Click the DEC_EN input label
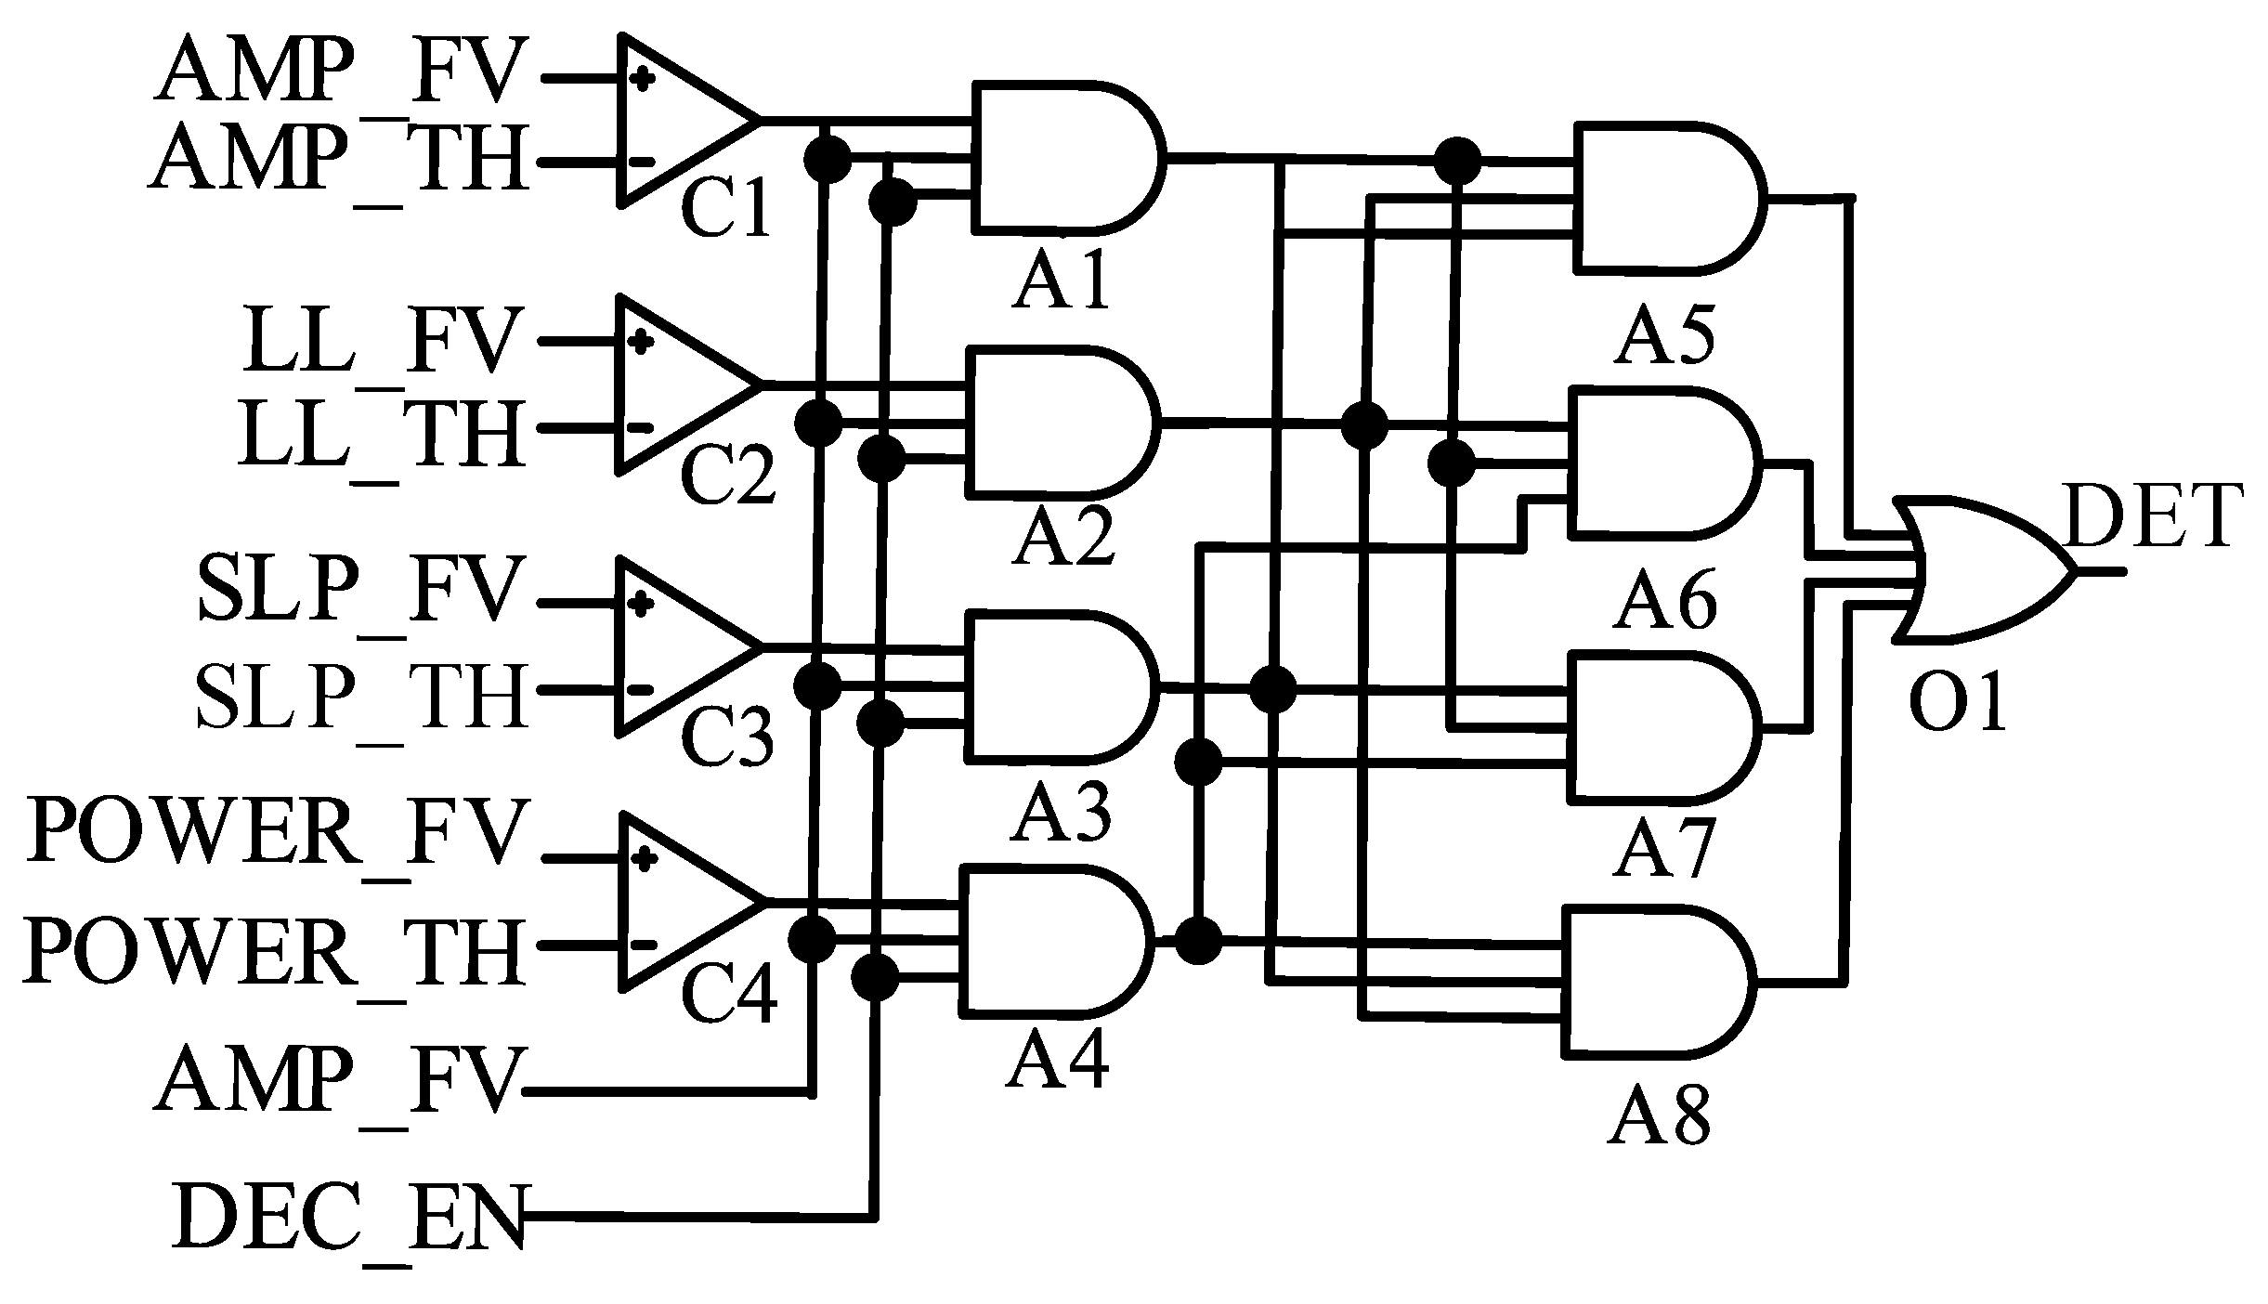[x=348, y=1217]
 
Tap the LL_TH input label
[x=381, y=434]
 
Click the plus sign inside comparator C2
[x=640, y=341]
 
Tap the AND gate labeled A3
[x=1059, y=685]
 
